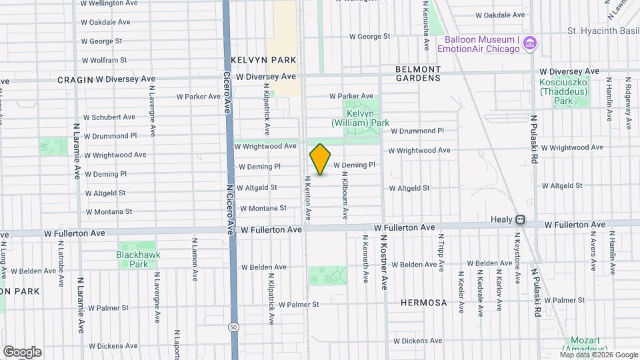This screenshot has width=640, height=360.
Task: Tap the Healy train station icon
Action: (519, 219)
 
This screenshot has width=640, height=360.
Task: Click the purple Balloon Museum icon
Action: (530, 44)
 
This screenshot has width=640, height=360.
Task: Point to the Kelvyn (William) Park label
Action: (360, 118)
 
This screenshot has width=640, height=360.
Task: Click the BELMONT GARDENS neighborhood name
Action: (418, 73)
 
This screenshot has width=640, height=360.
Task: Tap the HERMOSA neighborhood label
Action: (424, 303)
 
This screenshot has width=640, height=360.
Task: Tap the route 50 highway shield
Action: (233, 327)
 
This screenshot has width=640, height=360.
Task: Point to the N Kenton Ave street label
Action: (308, 198)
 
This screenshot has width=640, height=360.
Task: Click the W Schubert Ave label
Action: (109, 117)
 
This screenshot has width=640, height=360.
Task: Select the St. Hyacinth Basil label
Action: (603, 31)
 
